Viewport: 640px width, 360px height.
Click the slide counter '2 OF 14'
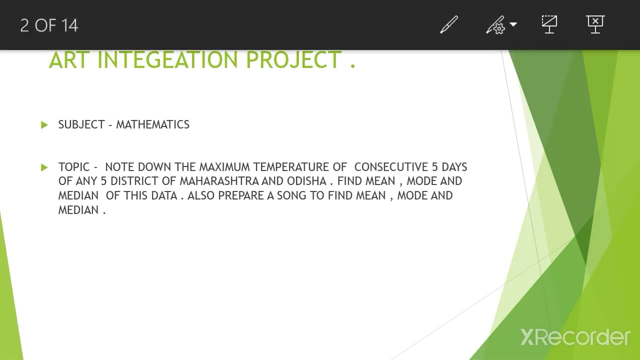point(49,25)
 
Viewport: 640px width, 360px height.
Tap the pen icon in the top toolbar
point(448,25)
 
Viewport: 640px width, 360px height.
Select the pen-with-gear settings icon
point(495,25)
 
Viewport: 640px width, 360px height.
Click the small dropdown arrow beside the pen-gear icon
point(513,24)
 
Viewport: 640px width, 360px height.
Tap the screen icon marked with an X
point(595,24)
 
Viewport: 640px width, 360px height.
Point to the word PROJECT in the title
point(294,60)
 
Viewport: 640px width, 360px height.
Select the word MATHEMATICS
point(152,124)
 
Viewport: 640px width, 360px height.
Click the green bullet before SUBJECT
point(44,125)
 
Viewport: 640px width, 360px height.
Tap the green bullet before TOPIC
point(44,167)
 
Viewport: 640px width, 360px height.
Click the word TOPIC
point(74,167)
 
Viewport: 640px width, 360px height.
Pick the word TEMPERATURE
point(291,167)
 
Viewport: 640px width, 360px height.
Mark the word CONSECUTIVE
point(391,167)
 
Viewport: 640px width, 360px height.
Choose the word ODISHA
point(306,181)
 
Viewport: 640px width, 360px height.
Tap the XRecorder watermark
point(575,337)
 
